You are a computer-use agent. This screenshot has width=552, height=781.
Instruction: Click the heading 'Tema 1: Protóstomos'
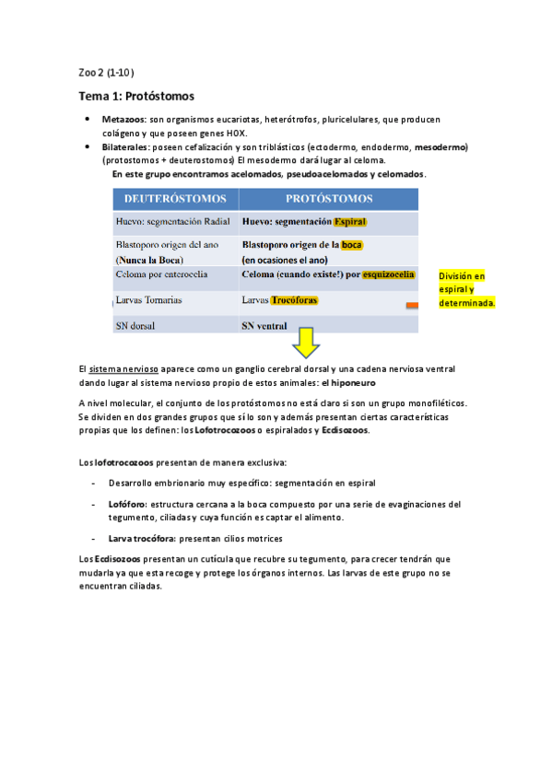tap(136, 96)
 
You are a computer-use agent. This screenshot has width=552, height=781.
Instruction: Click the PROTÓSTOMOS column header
tap(329, 198)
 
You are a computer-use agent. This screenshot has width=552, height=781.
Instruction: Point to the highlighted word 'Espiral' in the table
tap(350, 222)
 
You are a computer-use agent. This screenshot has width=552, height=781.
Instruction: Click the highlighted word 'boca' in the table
tap(351, 245)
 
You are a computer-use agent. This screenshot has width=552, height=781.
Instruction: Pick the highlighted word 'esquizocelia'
tap(389, 274)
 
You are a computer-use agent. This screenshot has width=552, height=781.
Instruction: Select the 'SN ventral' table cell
tap(264, 325)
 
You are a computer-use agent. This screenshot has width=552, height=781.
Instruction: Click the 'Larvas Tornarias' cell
tap(149, 300)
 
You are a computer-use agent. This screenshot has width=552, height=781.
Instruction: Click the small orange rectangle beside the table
tap(412, 304)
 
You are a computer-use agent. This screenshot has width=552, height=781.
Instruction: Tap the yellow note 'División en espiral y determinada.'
tap(467, 289)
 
